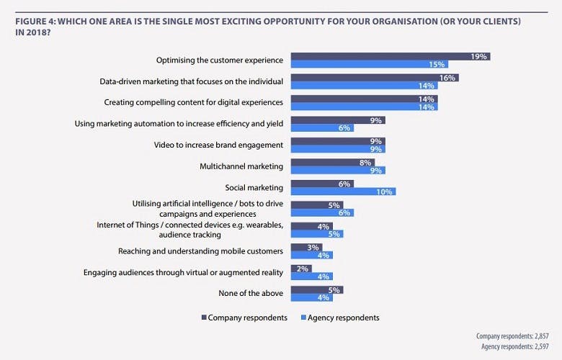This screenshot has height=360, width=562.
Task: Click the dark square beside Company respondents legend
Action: [x=204, y=318]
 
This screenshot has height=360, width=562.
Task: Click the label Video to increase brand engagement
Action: [x=218, y=145]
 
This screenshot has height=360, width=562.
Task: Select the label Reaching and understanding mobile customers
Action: [x=200, y=251]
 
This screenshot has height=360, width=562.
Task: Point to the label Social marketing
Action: [x=254, y=187]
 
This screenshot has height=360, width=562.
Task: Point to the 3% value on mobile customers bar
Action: [x=314, y=247]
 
